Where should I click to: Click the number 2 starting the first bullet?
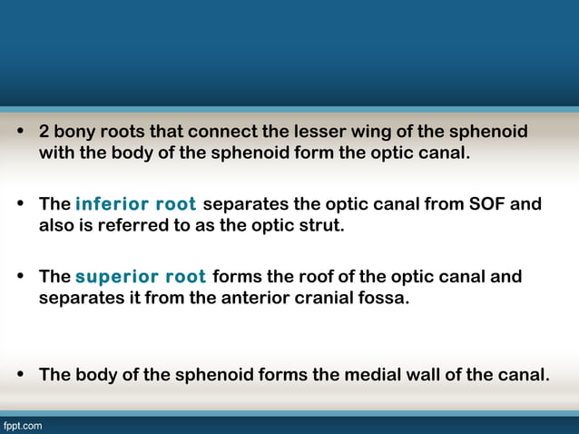tap(44, 133)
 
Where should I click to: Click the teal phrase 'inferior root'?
tap(135, 203)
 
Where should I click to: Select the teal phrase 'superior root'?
tap(141, 276)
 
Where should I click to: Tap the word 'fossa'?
tap(385, 297)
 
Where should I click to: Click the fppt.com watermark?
tap(22, 425)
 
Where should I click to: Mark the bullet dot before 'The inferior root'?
tap(20, 204)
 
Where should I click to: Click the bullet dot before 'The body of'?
tap(20, 374)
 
